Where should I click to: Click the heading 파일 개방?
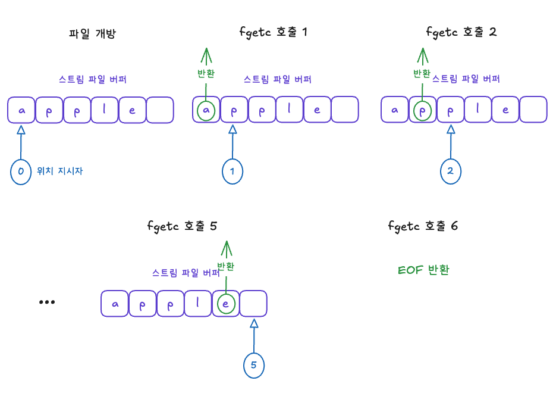(x=92, y=33)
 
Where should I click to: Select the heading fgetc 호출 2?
(x=461, y=32)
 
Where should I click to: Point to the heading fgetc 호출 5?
(x=182, y=226)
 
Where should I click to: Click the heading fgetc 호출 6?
(x=423, y=226)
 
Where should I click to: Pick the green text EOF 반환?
(x=423, y=270)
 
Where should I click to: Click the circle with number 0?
(x=21, y=171)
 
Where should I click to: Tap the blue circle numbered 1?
(x=232, y=171)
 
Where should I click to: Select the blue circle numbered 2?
(x=451, y=171)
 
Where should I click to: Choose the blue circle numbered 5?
(x=254, y=365)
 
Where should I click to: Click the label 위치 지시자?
(x=60, y=171)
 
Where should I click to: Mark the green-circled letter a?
(x=206, y=110)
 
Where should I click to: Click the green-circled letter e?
(x=226, y=304)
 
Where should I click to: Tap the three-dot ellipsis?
(x=47, y=302)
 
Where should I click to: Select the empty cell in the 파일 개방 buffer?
(x=160, y=110)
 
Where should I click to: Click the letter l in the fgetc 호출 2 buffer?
(x=478, y=110)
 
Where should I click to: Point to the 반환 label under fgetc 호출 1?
(x=206, y=74)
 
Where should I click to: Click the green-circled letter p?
(x=423, y=110)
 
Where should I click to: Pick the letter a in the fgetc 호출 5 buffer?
(x=115, y=304)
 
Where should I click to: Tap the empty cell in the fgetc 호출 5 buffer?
(x=254, y=304)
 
